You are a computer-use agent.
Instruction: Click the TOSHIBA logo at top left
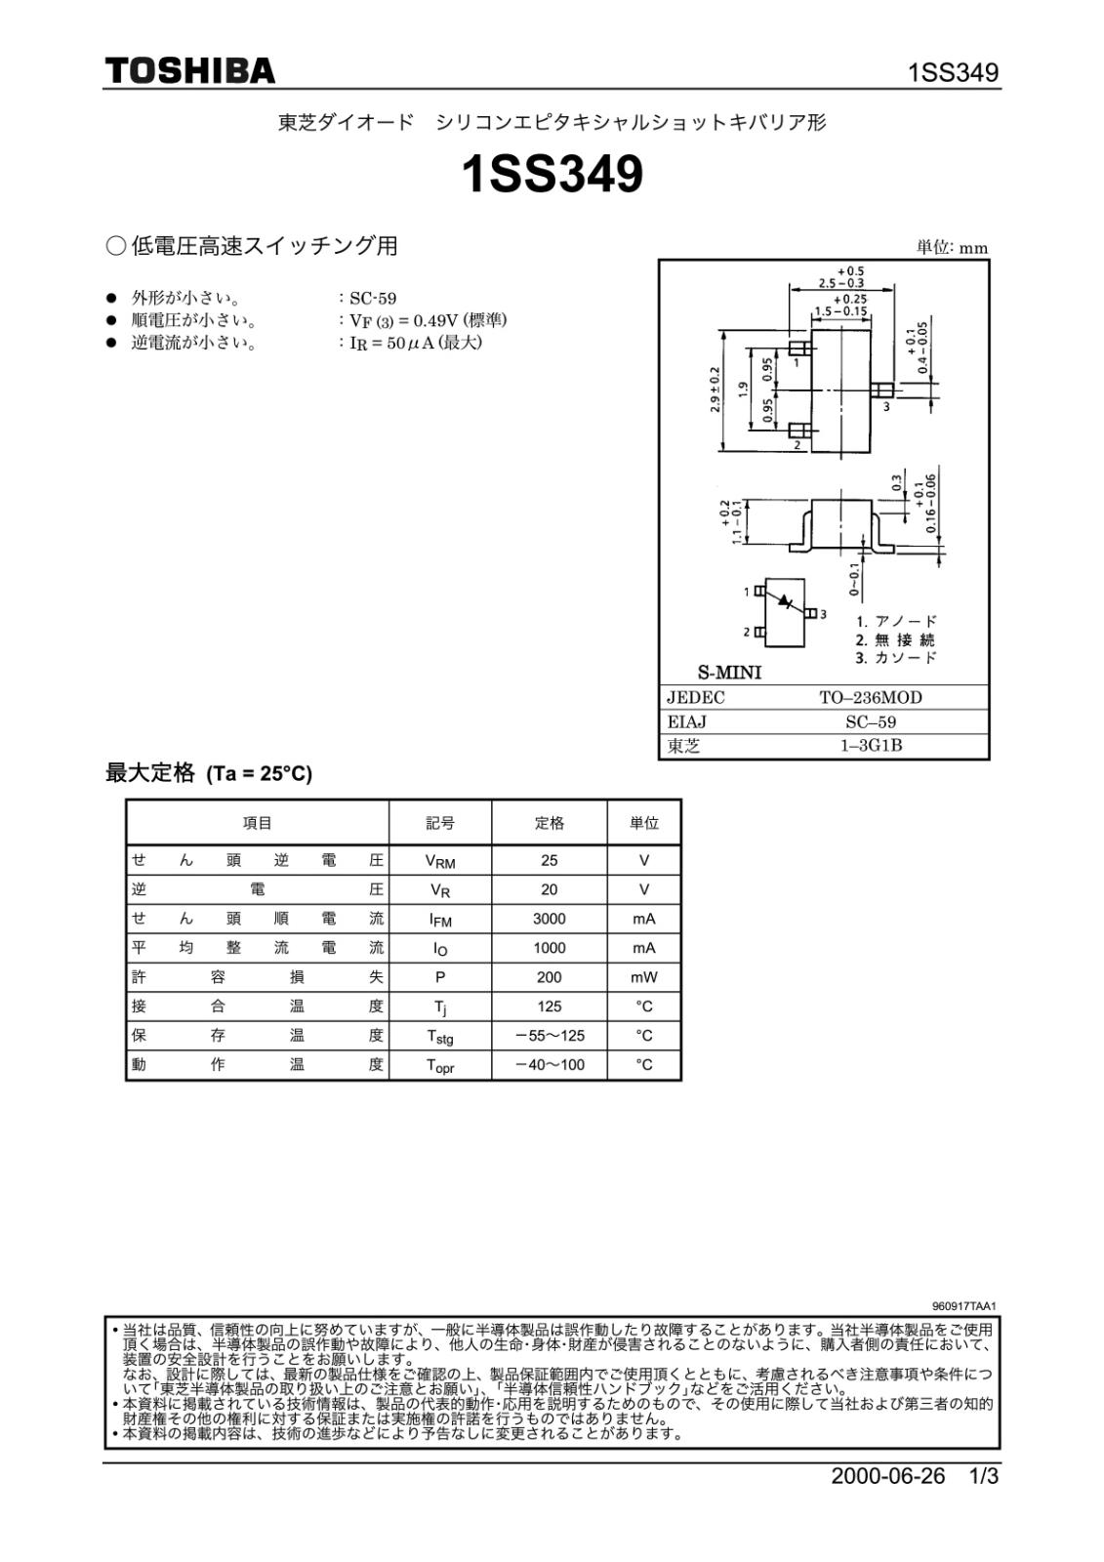point(190,71)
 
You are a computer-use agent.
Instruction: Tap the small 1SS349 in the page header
point(953,73)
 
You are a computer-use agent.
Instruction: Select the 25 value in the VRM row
point(549,860)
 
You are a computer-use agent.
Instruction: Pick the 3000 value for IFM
point(549,919)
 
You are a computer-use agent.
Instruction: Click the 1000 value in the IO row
point(549,948)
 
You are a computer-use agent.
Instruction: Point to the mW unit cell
point(643,977)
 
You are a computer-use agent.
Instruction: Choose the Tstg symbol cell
point(439,1037)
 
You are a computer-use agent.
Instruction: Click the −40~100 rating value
point(550,1065)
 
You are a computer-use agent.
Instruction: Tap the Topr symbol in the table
point(439,1066)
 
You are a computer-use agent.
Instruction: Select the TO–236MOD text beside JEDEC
point(870,697)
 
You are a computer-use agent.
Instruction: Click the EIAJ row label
point(686,721)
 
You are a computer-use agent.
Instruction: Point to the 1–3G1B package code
point(871,746)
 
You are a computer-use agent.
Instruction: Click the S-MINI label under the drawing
point(728,673)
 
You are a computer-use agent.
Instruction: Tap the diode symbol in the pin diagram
point(787,602)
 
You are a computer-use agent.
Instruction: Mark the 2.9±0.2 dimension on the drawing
point(715,390)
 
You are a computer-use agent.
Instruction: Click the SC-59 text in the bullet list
point(373,299)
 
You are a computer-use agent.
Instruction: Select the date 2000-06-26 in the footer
point(888,1476)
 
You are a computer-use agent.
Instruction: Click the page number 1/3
point(984,1476)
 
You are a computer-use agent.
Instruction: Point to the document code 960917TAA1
point(963,1306)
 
